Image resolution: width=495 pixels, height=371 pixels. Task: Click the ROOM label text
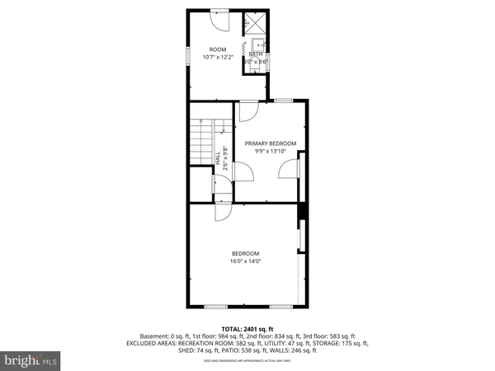click(x=218, y=49)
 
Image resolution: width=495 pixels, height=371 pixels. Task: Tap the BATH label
click(x=255, y=54)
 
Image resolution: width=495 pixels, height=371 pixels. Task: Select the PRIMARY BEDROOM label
click(x=271, y=143)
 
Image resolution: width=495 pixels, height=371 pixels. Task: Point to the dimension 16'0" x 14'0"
click(x=245, y=261)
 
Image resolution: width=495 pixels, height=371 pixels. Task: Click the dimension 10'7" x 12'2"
click(x=218, y=57)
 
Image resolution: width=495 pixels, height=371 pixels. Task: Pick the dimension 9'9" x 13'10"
click(x=271, y=151)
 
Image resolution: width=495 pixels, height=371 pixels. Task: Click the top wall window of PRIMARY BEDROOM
click(x=283, y=101)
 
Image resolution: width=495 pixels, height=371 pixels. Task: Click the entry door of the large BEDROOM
click(x=223, y=210)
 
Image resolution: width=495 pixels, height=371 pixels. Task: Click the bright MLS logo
click(x=31, y=359)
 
